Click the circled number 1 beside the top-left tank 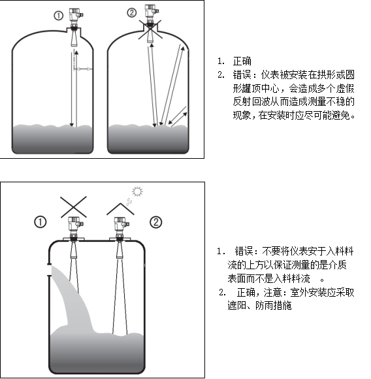click(58, 16)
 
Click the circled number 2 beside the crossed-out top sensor click(132, 12)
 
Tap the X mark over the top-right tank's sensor click(150, 29)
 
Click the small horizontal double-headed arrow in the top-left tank click(83, 69)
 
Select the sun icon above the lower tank click(137, 191)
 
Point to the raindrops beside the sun click(129, 201)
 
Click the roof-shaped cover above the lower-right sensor click(120, 208)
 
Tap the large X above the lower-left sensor click(73, 206)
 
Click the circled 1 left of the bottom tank click(40, 222)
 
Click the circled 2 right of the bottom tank click(156, 222)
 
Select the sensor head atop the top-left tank click(76, 15)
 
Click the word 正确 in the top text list click(242, 61)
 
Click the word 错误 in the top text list click(242, 74)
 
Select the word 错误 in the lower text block click(244, 252)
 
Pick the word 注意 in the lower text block click(272, 293)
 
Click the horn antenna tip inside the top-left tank click(74, 45)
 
